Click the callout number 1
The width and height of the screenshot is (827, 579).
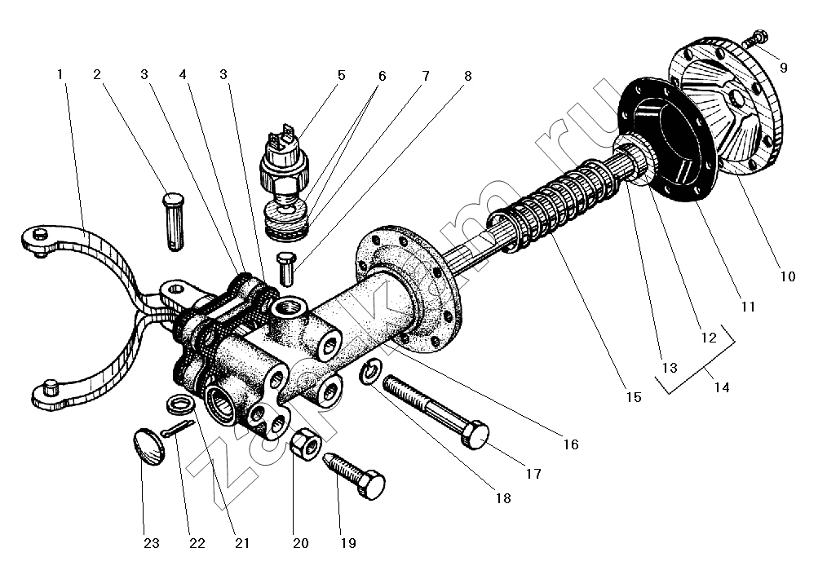(60, 74)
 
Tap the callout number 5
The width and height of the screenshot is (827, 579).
(341, 75)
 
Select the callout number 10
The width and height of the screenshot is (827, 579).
(786, 276)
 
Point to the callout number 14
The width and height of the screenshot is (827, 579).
(721, 388)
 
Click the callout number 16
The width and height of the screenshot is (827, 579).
(570, 444)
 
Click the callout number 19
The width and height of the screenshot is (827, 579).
(348, 543)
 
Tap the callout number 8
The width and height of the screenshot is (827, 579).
(467, 75)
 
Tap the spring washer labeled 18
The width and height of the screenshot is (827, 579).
(369, 373)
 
